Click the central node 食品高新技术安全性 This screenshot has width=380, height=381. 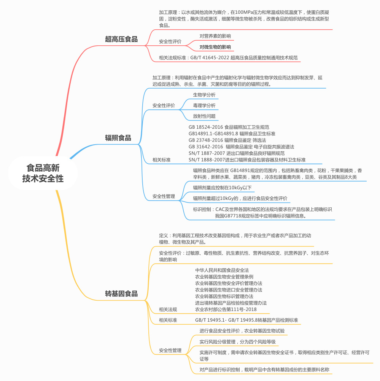pos(43,173)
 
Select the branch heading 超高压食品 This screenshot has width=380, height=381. pos(121,39)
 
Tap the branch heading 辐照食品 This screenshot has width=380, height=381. pos(118,138)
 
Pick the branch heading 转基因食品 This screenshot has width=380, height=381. pos(121,293)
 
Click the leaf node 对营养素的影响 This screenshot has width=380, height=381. pos(215,36)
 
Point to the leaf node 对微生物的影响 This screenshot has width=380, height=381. pos(215,47)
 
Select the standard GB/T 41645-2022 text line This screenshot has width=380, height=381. pos(228,58)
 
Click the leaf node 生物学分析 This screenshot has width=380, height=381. pos(204,95)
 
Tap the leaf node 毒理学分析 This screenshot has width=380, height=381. pos(204,105)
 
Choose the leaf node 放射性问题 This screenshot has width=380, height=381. pos(204,116)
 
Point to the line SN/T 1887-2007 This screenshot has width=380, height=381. pos(236,153)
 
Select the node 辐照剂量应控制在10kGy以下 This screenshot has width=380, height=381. pos(222,188)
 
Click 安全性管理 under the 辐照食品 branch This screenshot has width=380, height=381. pos(164,196)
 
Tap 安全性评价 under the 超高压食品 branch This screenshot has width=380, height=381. pos(170,41)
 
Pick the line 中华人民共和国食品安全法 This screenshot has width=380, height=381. pos(222,270)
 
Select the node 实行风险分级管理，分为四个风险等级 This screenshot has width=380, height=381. pos(237,342)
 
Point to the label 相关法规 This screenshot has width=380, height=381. pos(168,309)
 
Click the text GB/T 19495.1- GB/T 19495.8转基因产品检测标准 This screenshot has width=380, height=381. pos(246,320)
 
